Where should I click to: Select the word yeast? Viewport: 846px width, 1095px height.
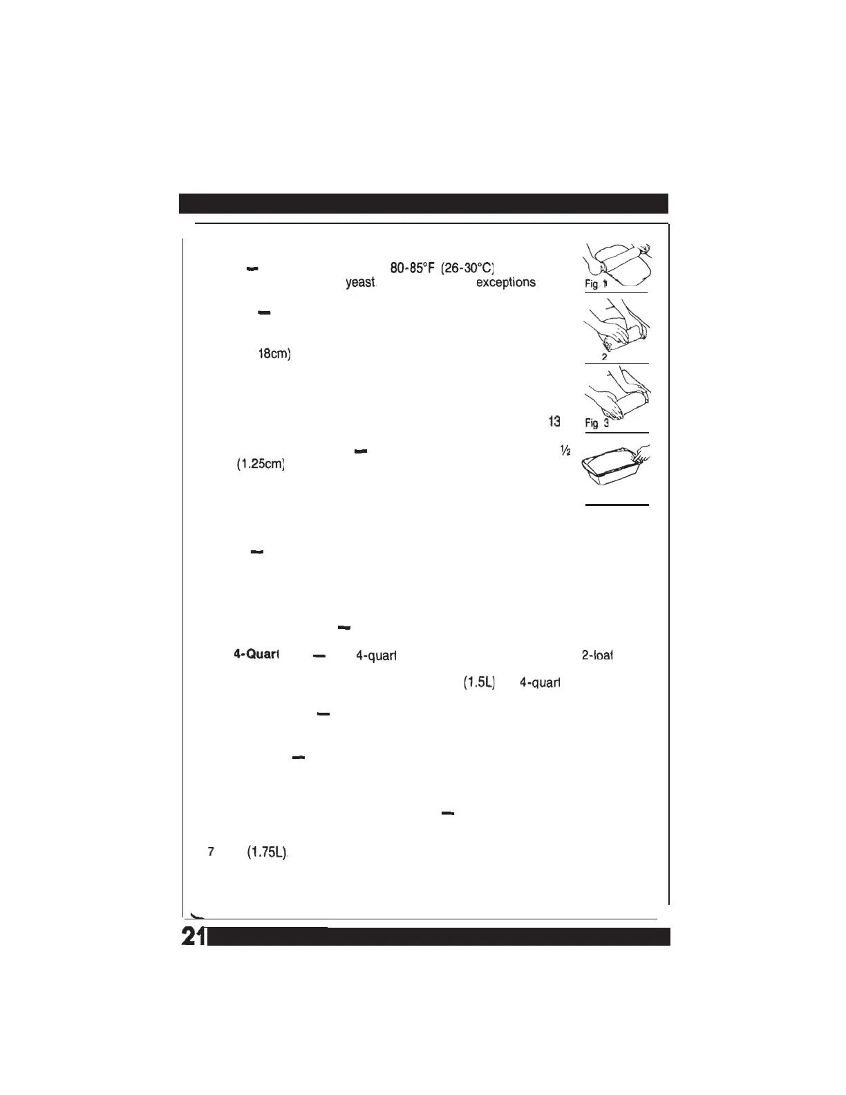coord(361,283)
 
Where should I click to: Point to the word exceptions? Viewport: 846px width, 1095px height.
coord(505,283)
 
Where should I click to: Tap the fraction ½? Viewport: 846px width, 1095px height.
coord(565,450)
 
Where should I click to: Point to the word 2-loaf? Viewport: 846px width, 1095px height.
coord(598,655)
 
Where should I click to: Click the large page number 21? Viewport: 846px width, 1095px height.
coord(192,935)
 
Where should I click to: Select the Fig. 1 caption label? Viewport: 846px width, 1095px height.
coord(595,283)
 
